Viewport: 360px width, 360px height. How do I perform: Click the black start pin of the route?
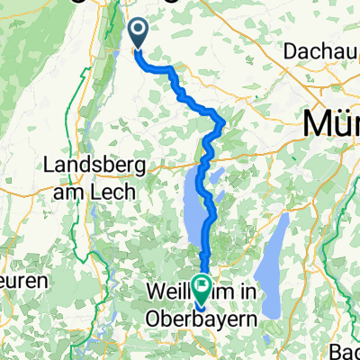tap(139, 34)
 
